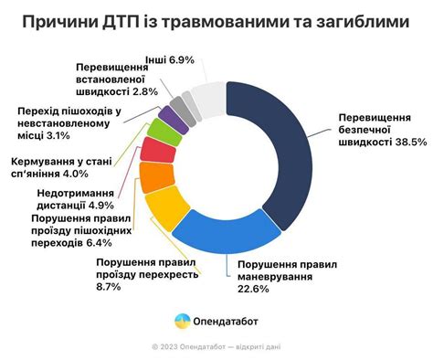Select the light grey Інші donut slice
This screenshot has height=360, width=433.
(208, 99)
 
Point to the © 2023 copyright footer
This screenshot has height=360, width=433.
(216, 347)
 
